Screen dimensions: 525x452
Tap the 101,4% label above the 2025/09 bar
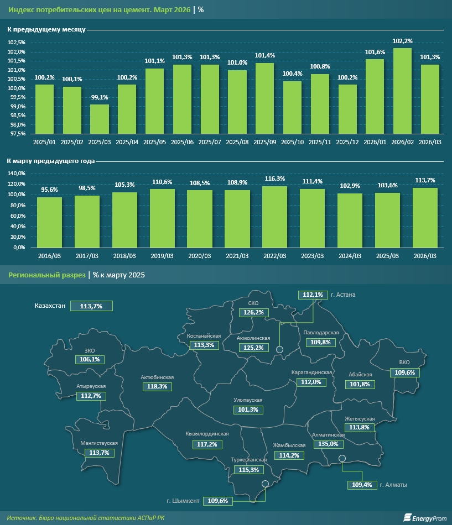click(264, 55)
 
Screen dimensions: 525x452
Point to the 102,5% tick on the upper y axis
click(17, 43)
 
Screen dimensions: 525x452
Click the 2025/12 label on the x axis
click(347, 142)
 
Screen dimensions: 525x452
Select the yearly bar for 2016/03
click(49, 222)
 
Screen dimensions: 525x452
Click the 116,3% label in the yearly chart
click(275, 179)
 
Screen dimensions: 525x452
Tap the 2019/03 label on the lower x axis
click(162, 256)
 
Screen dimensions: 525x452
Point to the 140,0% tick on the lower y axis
click(17, 174)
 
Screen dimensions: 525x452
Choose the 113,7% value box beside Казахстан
click(91, 306)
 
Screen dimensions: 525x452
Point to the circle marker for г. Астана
click(280, 349)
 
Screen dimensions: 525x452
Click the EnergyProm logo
click(423, 517)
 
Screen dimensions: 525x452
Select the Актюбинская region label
click(157, 377)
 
